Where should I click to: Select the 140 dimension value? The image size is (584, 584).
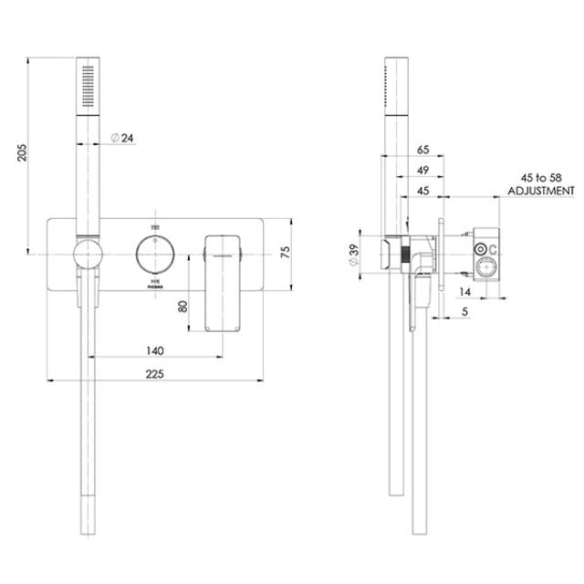[x=153, y=350]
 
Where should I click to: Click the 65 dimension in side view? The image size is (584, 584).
[x=422, y=148]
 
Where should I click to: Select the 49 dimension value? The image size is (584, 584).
[x=422, y=169]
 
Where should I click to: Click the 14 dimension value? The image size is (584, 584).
[x=465, y=292]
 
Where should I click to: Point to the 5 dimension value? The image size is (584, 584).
[x=468, y=311]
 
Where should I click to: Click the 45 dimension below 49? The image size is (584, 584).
[x=422, y=190]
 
